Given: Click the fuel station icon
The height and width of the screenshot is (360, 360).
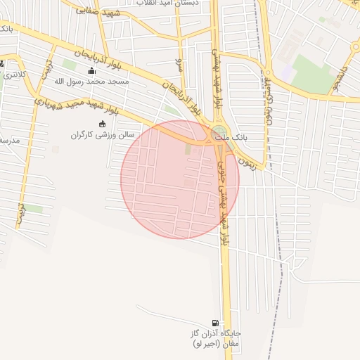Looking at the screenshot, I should point(214,323).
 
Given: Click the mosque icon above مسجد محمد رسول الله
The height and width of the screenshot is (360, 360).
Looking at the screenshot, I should point(91,71).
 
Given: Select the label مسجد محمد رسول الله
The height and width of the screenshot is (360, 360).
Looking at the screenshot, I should point(90,82).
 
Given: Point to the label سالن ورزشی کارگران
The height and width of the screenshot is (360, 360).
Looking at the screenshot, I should point(101,134).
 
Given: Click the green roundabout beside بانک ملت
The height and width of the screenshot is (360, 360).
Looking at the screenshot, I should point(219,132).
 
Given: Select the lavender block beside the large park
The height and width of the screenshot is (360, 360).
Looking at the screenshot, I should point(286,71).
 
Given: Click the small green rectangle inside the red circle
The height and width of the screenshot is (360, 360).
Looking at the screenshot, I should point(188,148).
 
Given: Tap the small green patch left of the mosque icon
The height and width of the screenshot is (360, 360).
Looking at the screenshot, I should point(69,64).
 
